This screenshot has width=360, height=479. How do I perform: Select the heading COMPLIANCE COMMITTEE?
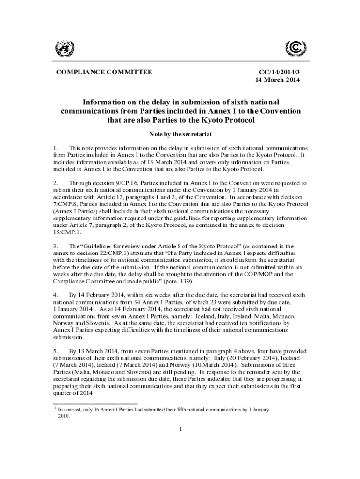[104, 72]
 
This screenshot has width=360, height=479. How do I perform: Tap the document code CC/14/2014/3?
[280, 72]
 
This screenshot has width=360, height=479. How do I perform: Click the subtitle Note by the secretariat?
[180, 134]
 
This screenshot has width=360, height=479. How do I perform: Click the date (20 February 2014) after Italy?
[253, 358]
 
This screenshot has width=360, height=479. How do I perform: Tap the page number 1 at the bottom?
[180, 429]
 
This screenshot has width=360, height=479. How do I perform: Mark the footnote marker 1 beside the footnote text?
[56, 408]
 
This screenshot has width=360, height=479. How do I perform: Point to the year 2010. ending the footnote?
[64, 416]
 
